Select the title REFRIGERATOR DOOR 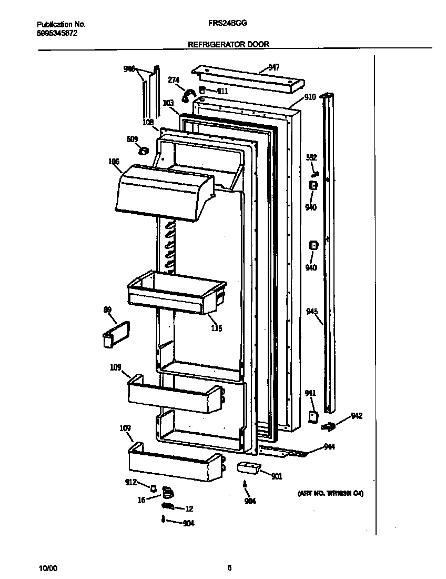point(228,45)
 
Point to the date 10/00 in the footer point(48,568)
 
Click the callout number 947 point(273,67)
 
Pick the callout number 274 point(174,80)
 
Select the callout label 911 point(222,91)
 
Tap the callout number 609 point(132,139)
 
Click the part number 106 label point(114,162)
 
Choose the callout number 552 point(312,157)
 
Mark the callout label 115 point(216,328)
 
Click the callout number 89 point(108,310)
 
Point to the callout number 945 point(312,312)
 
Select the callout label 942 point(357,416)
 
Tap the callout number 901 point(277,476)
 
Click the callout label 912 point(130,482)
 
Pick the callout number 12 point(189,508)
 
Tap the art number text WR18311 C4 point(330,494)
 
